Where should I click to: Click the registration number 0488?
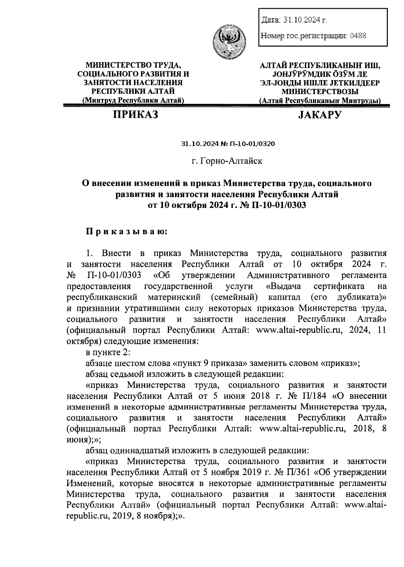[358, 35]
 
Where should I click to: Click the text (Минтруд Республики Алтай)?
[133, 100]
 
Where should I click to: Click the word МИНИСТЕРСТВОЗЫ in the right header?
[320, 91]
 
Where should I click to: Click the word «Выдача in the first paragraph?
[283, 287]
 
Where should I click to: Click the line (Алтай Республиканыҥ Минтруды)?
[320, 100]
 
